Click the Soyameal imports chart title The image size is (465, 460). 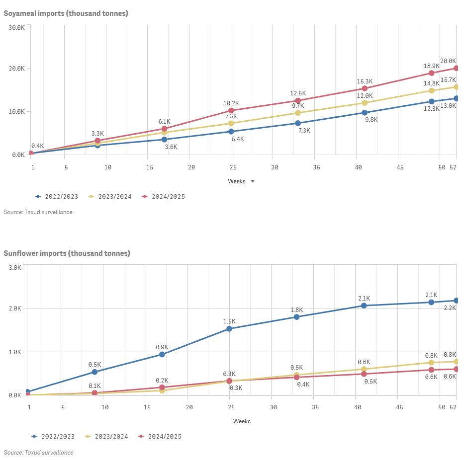point(66,13)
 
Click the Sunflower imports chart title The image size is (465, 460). point(67,253)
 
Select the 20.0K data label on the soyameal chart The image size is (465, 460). point(448,61)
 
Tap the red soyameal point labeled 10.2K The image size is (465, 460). point(231,110)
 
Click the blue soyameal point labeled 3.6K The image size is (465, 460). point(164,140)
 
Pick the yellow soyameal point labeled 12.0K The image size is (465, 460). point(365,103)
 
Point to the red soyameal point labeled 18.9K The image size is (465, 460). point(432,73)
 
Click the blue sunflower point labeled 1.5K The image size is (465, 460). point(229,328)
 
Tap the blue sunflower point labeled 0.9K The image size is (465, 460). point(162,354)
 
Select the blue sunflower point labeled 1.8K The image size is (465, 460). point(297,317)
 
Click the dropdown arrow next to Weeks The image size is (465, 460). point(253,181)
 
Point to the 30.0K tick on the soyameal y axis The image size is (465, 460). point(17,27)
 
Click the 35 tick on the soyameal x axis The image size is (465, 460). point(316,167)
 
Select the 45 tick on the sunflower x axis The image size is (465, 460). point(400,407)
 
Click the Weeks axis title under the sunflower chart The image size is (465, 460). point(242,421)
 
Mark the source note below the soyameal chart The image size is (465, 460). point(38,212)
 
